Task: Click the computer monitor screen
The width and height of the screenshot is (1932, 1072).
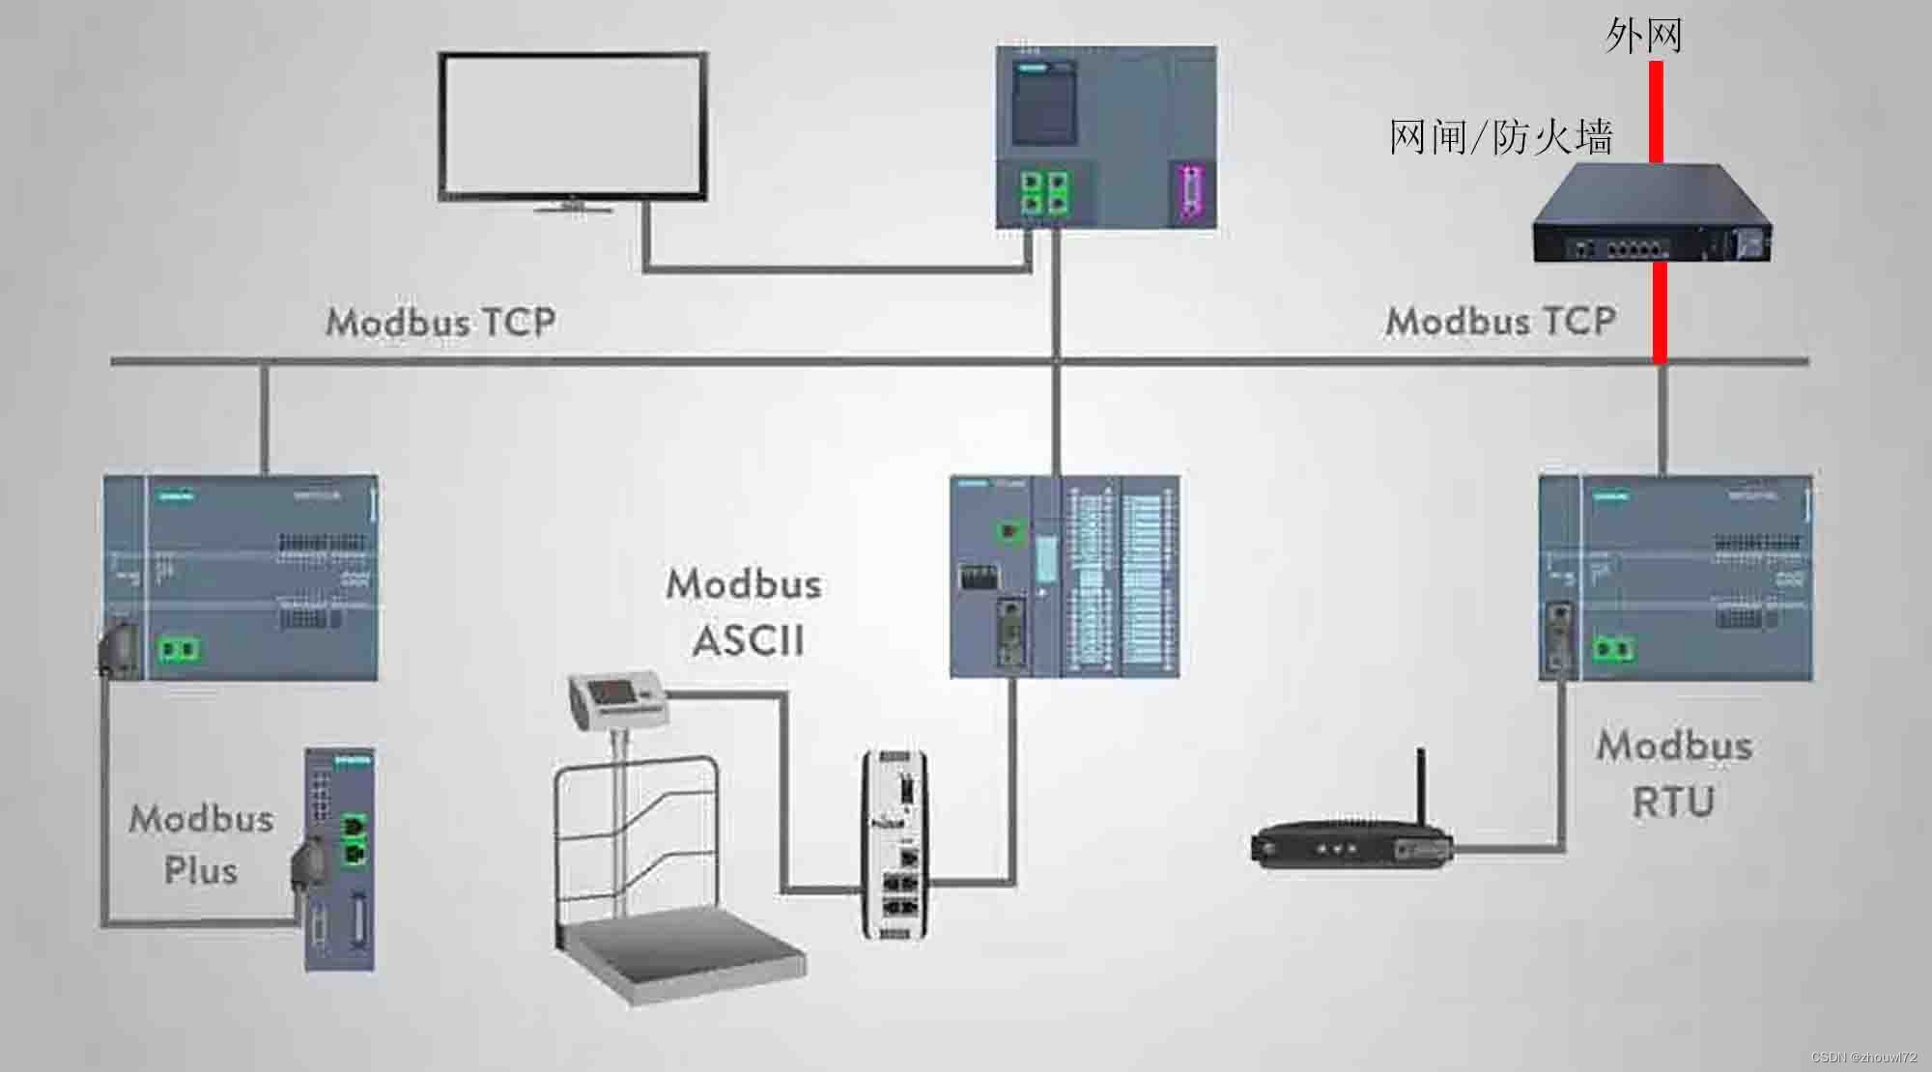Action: (x=572, y=125)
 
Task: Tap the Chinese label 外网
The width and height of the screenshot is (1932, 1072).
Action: (x=1643, y=37)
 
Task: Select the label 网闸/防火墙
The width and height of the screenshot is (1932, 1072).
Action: (x=1500, y=137)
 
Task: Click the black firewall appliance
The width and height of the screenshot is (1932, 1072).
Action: (x=1652, y=214)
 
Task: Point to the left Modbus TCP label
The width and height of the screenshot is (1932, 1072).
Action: (x=440, y=322)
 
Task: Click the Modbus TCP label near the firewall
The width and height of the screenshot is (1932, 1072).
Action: (x=1500, y=322)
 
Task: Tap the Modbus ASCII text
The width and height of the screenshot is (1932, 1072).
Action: (x=745, y=612)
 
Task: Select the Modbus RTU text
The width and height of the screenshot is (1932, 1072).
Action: (x=1674, y=774)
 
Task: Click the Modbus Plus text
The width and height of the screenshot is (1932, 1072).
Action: (x=201, y=844)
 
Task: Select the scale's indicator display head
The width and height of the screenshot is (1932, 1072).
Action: (x=618, y=698)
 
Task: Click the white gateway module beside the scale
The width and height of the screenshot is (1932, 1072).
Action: (x=895, y=844)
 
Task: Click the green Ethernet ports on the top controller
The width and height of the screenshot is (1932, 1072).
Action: (x=1045, y=192)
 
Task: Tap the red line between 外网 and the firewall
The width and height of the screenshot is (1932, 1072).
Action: (x=1656, y=111)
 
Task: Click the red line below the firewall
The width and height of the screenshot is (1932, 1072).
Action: (x=1660, y=311)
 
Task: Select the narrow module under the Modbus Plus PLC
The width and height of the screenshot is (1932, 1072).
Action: (x=339, y=859)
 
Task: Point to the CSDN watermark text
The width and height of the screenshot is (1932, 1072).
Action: (x=1863, y=1058)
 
